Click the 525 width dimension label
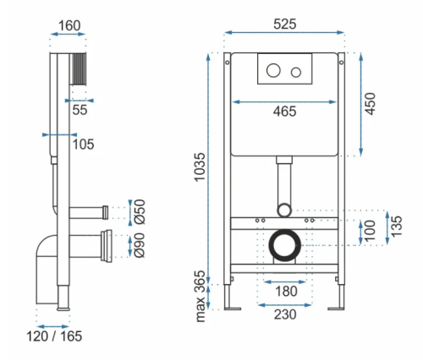click(x=285, y=24)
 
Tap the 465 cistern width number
click(x=284, y=112)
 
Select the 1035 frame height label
click(x=200, y=167)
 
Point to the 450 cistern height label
click(x=371, y=104)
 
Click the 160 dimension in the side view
click(x=69, y=25)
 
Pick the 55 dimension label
click(x=80, y=110)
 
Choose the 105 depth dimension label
click(x=83, y=145)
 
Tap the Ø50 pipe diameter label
click(x=140, y=211)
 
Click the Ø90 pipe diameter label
click(x=140, y=245)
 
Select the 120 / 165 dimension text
click(x=54, y=336)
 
